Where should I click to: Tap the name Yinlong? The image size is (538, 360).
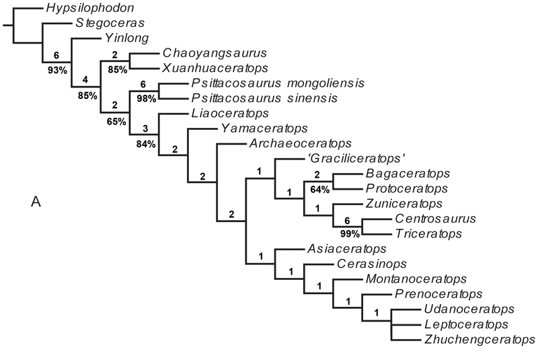126,39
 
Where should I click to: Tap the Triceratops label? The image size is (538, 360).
428,233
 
